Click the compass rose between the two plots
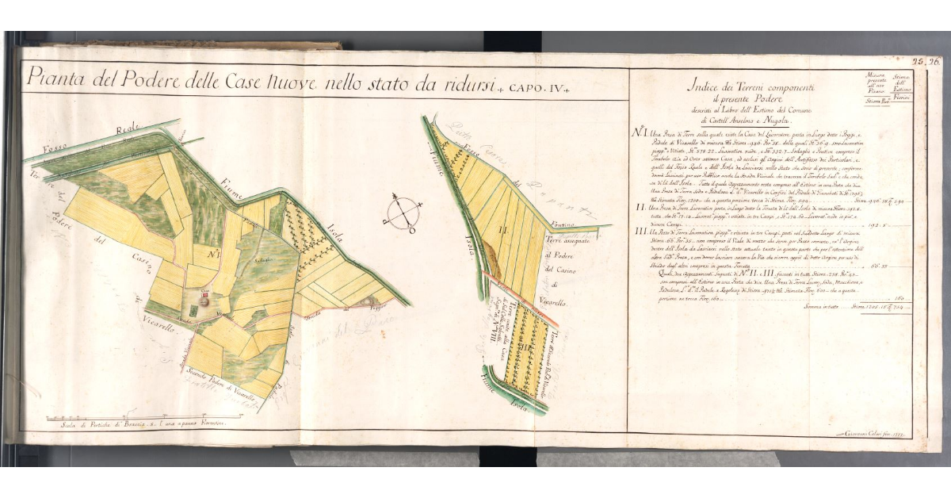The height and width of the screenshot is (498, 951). [404, 213]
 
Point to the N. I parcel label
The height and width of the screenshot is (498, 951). [213, 255]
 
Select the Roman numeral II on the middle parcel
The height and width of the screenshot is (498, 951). [502, 231]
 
